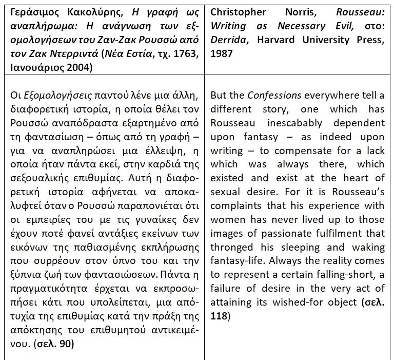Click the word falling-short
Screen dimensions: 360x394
340,274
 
